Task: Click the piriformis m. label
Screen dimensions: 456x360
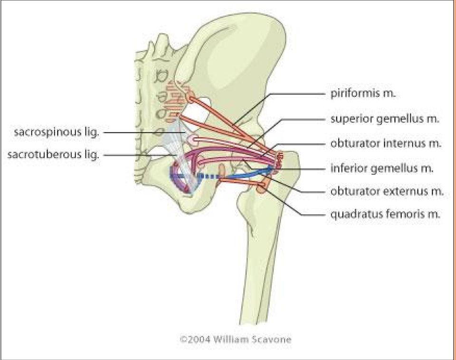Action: coord(363,94)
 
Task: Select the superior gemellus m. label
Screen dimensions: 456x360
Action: coord(384,119)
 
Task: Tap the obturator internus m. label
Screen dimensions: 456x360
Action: coord(386,143)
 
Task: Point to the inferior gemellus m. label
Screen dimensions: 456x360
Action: coord(381,168)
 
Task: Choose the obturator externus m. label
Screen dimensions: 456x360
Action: coord(387,191)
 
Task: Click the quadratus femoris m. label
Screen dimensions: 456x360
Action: coord(385,214)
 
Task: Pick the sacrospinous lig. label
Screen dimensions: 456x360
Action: coord(57,133)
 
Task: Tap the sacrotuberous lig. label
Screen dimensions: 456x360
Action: coord(53,155)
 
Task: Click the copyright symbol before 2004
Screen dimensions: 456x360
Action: coord(183,340)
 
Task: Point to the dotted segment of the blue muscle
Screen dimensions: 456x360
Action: coord(208,176)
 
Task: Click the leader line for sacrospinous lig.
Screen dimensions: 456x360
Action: coord(144,133)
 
